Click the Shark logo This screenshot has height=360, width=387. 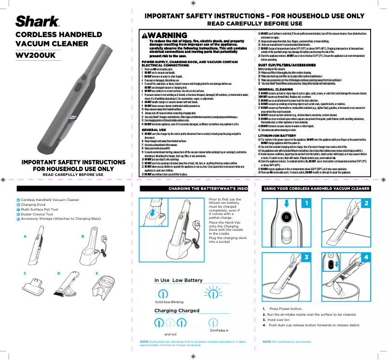(x=38, y=22)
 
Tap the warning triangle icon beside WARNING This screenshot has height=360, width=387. (x=144, y=36)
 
